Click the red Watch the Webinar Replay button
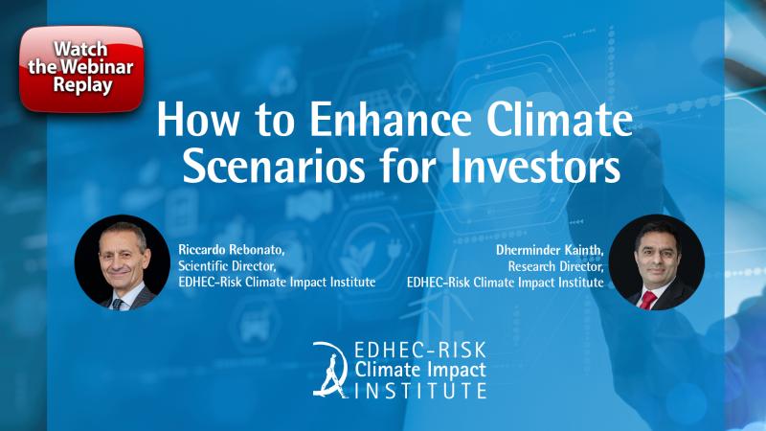[81, 68]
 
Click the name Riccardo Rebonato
[231, 250]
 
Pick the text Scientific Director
[227, 266]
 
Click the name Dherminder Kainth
[550, 250]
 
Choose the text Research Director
[556, 266]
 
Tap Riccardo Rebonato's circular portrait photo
[123, 262]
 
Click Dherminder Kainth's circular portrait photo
[656, 262]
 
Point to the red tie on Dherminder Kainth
[648, 300]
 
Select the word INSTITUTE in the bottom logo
[420, 391]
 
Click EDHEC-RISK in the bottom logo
[420, 350]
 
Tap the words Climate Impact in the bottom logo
[420, 370]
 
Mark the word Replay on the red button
[82, 85]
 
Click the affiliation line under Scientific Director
[277, 283]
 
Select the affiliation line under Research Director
[506, 283]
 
